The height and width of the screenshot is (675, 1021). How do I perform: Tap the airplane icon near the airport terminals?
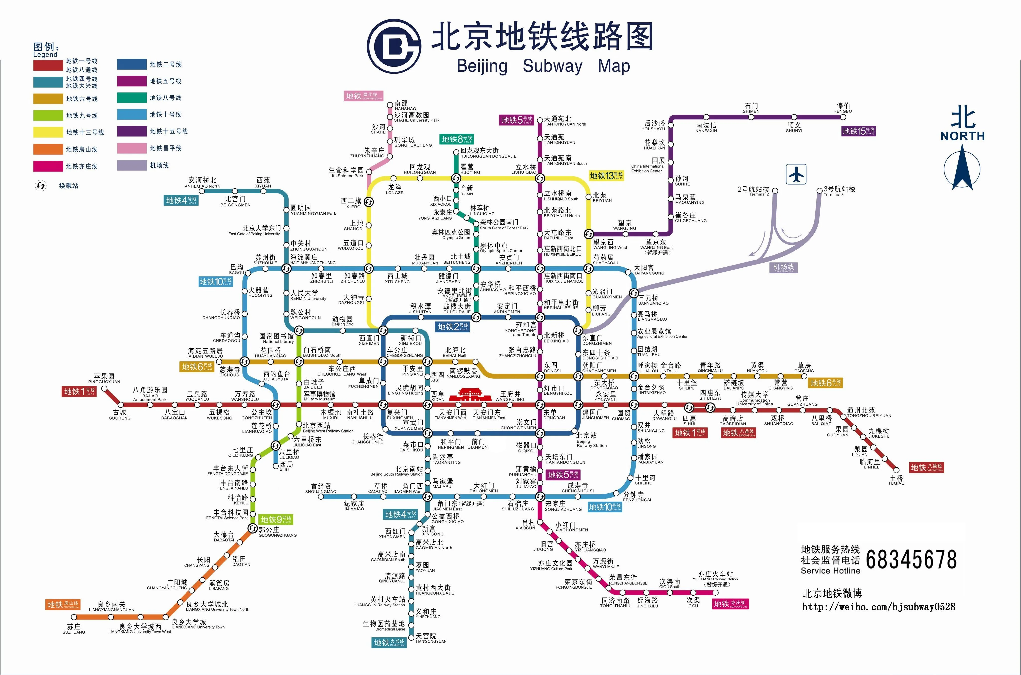(x=796, y=174)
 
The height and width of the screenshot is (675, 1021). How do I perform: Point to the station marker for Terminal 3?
(x=819, y=190)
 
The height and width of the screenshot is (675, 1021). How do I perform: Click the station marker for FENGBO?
(x=843, y=117)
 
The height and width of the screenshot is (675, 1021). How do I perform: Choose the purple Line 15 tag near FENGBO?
(x=858, y=131)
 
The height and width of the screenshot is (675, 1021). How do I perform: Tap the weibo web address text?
(x=879, y=607)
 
